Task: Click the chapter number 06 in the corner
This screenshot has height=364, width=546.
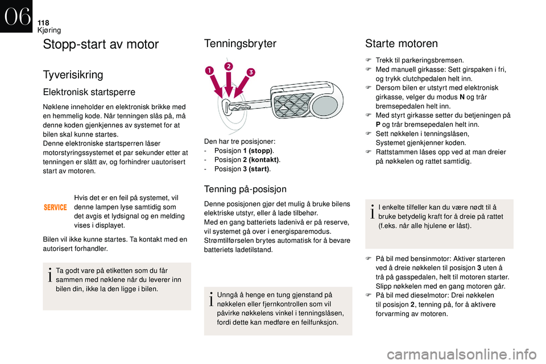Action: [16, 16]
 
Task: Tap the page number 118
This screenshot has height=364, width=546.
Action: [43, 23]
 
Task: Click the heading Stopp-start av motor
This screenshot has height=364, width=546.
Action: [101, 44]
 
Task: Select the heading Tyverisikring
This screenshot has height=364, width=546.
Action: [73, 75]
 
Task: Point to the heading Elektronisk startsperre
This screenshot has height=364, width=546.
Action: [89, 92]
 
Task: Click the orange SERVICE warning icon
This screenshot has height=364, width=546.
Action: [55, 207]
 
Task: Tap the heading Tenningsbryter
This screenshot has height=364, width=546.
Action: [240, 43]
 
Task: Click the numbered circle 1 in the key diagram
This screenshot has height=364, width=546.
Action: [210, 71]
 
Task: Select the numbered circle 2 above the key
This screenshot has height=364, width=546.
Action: [229, 66]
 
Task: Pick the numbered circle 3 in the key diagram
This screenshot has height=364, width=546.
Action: [251, 72]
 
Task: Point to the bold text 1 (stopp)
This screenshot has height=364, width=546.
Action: [258, 151]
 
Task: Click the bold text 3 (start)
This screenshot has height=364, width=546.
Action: [256, 169]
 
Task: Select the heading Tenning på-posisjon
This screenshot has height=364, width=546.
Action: [245, 189]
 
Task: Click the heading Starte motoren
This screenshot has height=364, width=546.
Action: [401, 44]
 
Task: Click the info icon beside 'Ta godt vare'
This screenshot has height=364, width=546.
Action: [50, 275]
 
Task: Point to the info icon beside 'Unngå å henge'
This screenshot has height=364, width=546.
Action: [211, 299]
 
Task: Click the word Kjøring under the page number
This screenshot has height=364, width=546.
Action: [49, 30]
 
